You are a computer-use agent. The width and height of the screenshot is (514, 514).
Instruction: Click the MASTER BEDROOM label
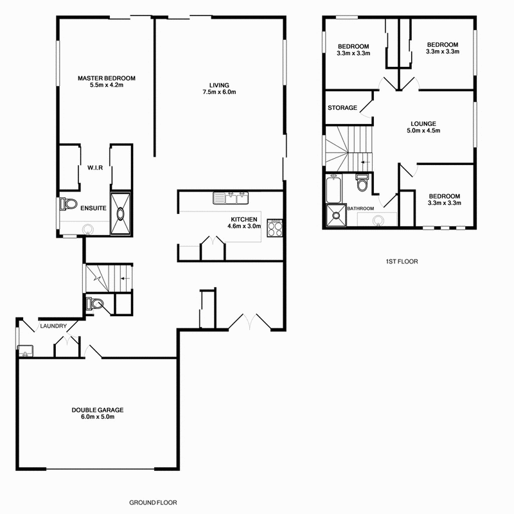107,78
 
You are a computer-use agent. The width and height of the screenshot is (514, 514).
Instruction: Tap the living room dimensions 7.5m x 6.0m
219,92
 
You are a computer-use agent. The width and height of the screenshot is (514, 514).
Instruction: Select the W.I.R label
96,168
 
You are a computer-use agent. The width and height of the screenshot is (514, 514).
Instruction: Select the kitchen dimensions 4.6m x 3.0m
244,226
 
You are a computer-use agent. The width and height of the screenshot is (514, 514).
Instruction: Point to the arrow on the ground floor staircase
124,279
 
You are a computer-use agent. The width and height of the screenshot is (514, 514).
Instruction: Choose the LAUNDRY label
53,326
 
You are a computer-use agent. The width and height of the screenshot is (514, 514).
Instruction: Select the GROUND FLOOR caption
153,502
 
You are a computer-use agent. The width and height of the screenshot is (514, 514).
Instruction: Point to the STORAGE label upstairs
342,108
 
